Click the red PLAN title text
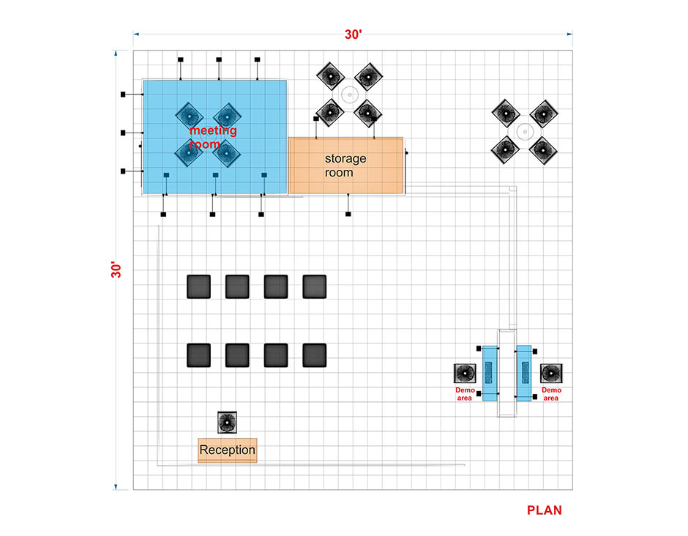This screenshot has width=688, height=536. tap(544, 510)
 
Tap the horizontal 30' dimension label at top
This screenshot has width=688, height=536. tap(354, 34)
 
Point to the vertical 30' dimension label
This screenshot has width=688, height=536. tap(116, 269)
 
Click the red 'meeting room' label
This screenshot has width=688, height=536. tap(213, 137)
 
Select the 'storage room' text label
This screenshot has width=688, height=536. tap(345, 165)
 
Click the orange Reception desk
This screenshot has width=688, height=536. tap(228, 450)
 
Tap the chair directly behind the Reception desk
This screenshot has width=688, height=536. tap(228, 423)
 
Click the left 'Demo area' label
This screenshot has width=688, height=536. tap(465, 394)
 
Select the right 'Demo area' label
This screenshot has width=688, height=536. tap(551, 394)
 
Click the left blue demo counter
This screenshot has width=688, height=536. tap(490, 373)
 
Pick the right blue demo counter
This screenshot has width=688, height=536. tap(524, 373)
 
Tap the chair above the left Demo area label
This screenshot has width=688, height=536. tap(465, 373)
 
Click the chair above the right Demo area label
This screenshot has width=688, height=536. tap(551, 373)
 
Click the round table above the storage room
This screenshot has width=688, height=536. tap(349, 94)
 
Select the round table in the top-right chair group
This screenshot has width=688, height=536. tap(525, 131)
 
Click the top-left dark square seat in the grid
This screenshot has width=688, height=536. tap(199, 286)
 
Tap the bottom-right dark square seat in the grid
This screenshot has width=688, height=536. tap(315, 355)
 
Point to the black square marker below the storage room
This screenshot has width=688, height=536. tap(348, 215)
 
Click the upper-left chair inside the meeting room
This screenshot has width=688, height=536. tap(190, 116)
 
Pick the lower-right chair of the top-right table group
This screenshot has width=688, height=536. tap(543, 150)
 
